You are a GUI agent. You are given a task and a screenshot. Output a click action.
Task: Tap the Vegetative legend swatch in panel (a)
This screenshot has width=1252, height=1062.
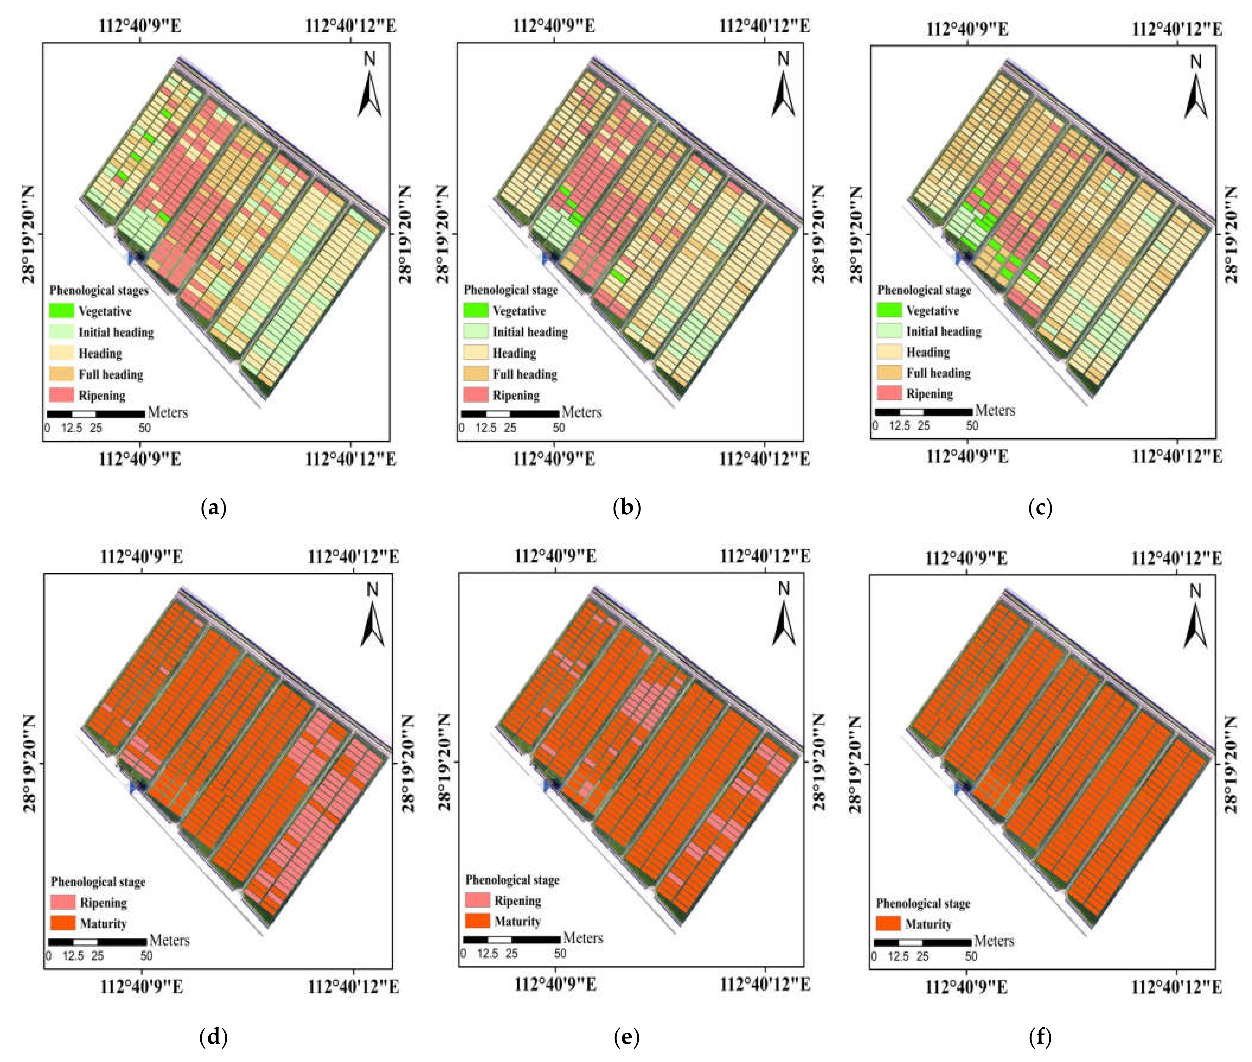click(x=61, y=311)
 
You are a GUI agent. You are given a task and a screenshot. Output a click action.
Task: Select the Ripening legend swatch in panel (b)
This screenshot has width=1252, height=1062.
click(x=475, y=395)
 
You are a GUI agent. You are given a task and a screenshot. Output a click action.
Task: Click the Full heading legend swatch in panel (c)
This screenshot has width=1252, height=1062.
click(x=889, y=373)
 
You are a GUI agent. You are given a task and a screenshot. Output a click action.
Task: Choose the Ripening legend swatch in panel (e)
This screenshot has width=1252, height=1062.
click(x=477, y=900)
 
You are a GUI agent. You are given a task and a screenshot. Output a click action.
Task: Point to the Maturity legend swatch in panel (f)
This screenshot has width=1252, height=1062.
click(x=888, y=924)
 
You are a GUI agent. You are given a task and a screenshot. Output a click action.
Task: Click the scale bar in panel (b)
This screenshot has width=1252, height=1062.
click(x=510, y=414)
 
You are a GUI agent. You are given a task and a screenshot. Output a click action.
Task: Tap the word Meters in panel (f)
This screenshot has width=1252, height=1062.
click(x=994, y=941)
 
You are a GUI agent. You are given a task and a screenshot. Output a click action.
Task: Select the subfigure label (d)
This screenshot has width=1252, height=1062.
click(x=213, y=1037)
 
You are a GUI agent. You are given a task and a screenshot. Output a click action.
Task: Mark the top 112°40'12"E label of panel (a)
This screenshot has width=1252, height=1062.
click(x=350, y=26)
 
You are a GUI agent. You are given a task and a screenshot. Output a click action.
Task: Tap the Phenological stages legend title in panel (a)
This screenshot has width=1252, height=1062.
click(x=99, y=290)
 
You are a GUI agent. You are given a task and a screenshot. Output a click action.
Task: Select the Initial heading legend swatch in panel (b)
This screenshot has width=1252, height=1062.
click(x=475, y=332)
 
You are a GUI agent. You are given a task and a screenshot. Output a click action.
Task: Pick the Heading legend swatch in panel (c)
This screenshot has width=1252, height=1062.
click(x=889, y=352)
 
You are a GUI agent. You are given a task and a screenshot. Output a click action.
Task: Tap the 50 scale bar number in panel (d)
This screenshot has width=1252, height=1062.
click(x=146, y=955)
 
